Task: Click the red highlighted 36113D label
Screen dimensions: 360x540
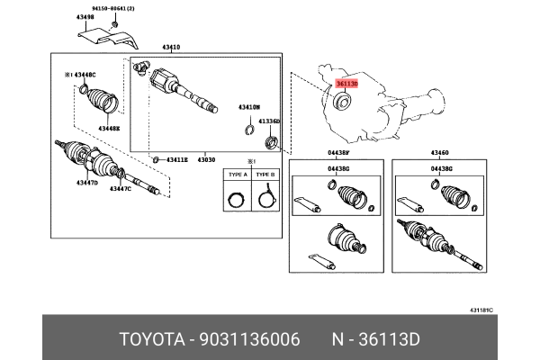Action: point(346,84)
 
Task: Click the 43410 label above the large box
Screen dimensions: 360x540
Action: point(171,47)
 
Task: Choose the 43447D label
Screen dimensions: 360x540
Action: point(85,183)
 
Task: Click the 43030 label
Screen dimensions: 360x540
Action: point(208,159)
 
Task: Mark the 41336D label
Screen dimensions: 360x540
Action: point(269,120)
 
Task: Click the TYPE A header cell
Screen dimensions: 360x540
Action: point(238,175)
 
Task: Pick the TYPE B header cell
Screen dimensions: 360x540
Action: point(265,175)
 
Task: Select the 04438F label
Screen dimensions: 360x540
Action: point(338,154)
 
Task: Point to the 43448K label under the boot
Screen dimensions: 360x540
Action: point(109,129)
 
